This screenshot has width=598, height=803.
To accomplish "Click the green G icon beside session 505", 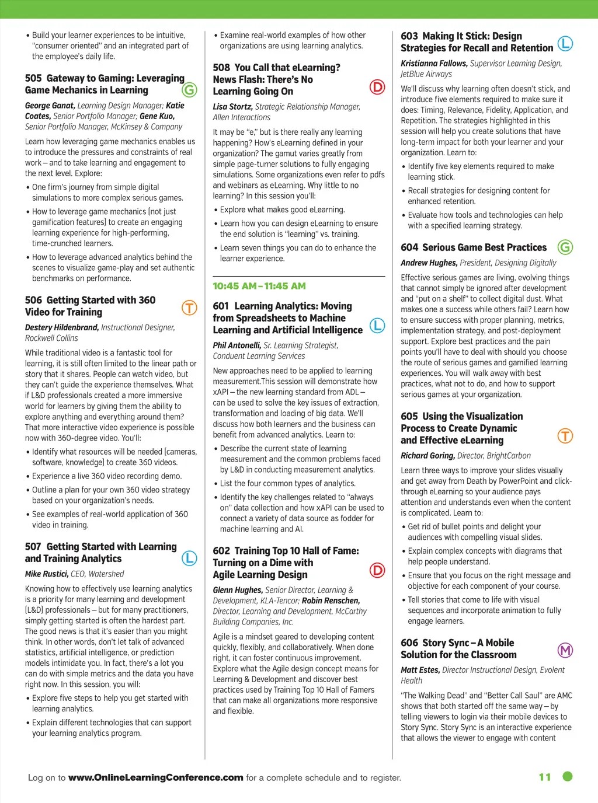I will tap(189, 90).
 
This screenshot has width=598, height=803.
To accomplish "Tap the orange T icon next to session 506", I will tap(189, 308).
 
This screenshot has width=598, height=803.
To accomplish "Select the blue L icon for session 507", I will tap(189, 558).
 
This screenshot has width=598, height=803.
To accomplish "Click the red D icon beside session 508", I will tap(378, 87).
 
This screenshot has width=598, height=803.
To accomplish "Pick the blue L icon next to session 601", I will tap(378, 326).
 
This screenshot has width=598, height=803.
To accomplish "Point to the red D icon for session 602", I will tap(378, 570).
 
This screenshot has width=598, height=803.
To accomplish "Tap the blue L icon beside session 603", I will tap(565, 43).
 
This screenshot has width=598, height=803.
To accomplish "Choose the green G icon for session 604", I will tap(565, 247).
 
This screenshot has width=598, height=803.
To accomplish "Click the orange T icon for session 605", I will tap(565, 436).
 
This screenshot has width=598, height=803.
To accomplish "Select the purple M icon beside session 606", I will tap(565, 650).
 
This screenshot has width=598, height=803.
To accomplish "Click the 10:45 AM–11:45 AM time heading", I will tap(259, 286).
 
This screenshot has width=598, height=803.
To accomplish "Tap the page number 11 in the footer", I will tap(545, 777).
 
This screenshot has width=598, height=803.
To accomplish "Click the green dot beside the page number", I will tap(567, 776).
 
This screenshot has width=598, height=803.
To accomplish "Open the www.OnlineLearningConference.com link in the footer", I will tap(155, 777).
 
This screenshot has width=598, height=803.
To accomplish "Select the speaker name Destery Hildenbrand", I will tap(62, 327).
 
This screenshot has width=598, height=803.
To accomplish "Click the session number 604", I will tap(409, 247).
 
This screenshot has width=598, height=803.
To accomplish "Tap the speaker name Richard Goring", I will tap(427, 456).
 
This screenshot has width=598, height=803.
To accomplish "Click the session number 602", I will tap(221, 551).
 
